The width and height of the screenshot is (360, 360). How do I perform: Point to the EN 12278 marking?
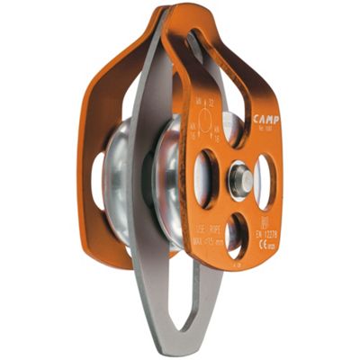[x=267, y=233]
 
